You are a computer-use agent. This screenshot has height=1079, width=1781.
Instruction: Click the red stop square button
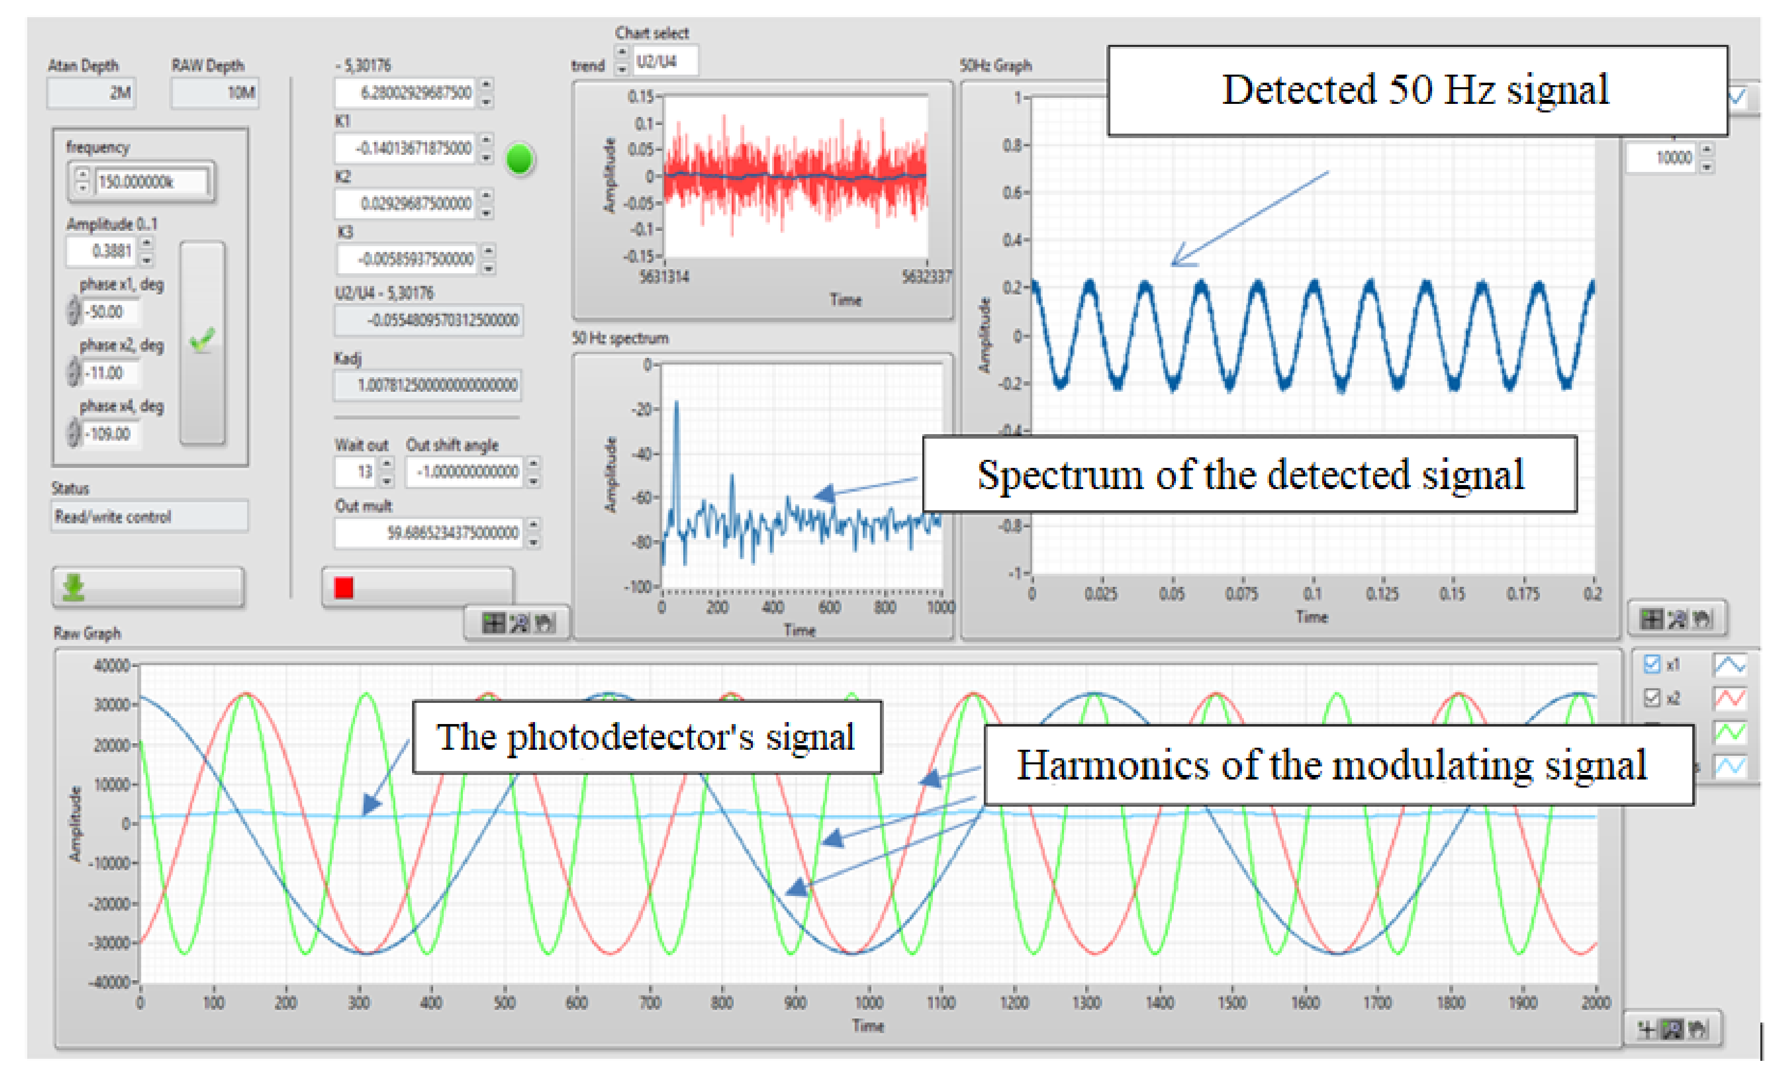pyautogui.click(x=344, y=587)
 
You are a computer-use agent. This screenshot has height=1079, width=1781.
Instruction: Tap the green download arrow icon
pyautogui.click(x=74, y=587)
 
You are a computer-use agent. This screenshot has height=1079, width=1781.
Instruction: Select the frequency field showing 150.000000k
pyautogui.click(x=152, y=182)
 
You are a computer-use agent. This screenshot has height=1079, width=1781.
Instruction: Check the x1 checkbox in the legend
pyautogui.click(x=1651, y=664)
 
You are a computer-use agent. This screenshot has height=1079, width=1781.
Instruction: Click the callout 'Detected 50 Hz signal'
pyautogui.click(x=1417, y=90)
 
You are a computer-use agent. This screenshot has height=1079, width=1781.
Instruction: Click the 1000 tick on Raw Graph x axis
pyautogui.click(x=869, y=1002)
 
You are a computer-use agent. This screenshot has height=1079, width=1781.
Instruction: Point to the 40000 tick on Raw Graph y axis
pyautogui.click(x=112, y=665)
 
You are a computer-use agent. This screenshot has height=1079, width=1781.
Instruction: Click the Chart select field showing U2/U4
pyautogui.click(x=665, y=61)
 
